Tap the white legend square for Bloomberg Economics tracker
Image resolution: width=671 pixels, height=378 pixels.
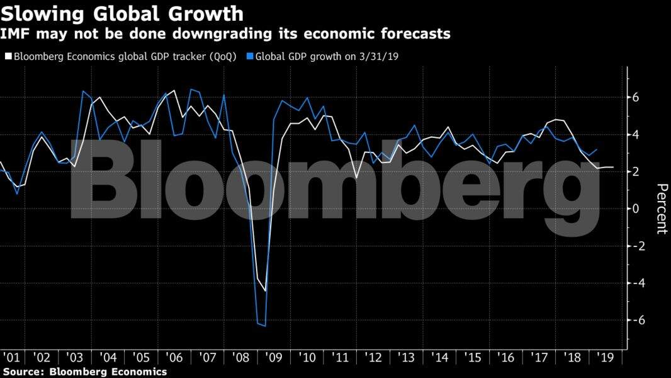coord(8,56)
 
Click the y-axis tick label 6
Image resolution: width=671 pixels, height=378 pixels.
coord(636,98)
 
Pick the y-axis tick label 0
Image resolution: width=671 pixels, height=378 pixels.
coord(636,209)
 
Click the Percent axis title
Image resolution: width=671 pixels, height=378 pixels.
coord(662,209)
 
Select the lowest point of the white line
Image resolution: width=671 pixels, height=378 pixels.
coord(266,291)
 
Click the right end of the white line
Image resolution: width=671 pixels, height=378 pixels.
coord(614,167)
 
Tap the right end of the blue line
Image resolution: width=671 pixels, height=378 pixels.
coord(597,149)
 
